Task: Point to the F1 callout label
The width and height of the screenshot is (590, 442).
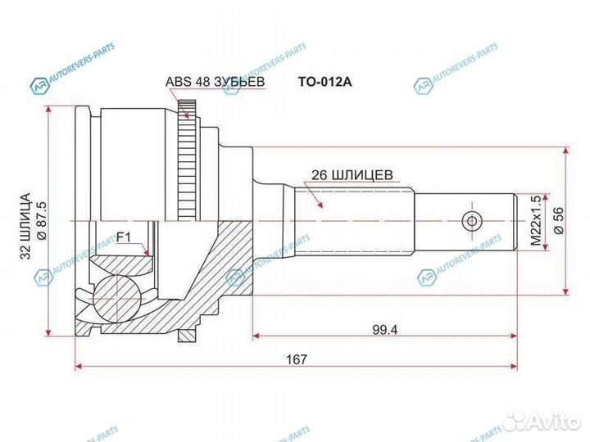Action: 124,237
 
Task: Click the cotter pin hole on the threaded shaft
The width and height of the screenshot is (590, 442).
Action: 470,221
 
